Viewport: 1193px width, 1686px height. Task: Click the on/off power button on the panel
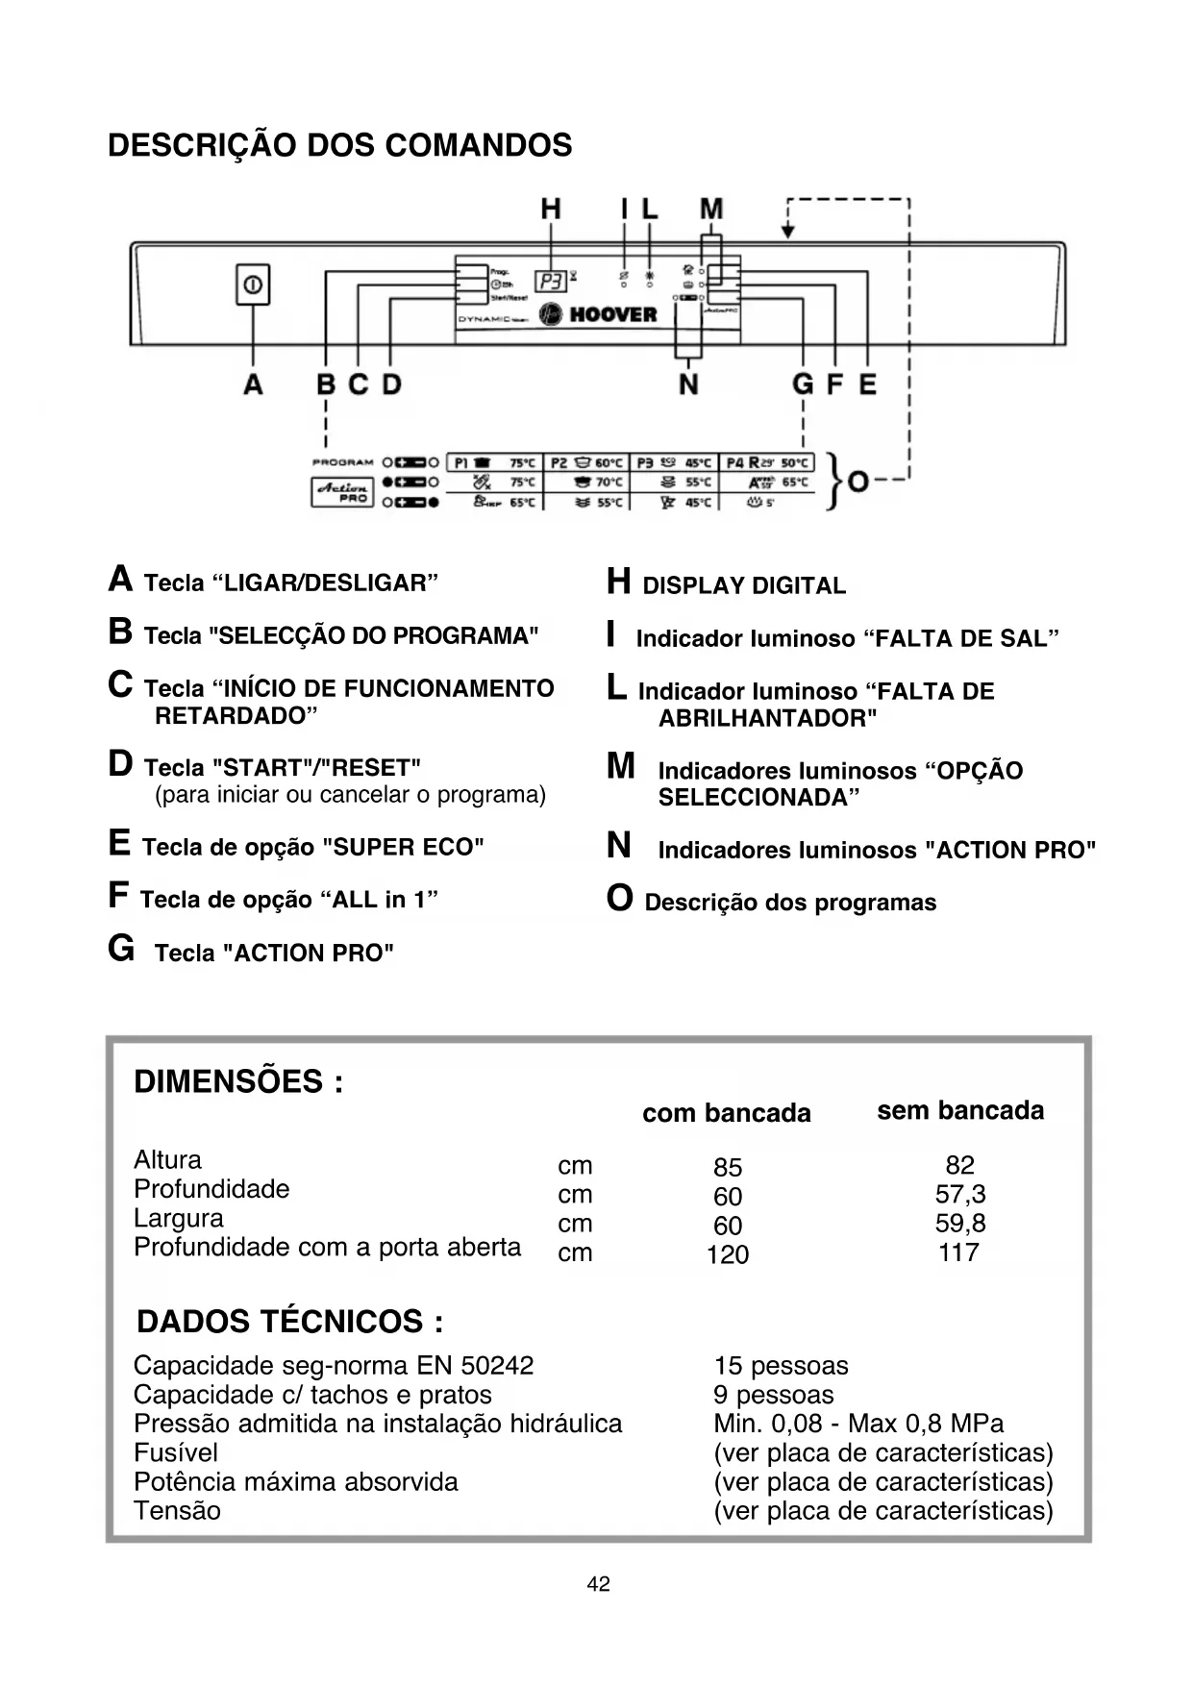click(253, 285)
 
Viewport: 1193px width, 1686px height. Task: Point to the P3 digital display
click(551, 281)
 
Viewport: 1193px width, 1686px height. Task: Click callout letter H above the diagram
click(551, 210)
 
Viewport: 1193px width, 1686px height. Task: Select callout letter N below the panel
click(688, 385)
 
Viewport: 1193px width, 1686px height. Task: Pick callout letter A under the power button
click(253, 385)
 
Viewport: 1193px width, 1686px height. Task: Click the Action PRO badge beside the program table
click(342, 492)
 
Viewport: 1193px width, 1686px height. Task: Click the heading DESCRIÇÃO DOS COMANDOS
click(339, 146)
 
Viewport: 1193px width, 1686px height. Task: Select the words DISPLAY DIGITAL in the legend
click(744, 585)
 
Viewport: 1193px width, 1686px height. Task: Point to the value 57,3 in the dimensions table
click(959, 1195)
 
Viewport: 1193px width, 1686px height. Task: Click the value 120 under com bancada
click(727, 1254)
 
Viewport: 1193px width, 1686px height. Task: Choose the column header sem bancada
click(959, 1110)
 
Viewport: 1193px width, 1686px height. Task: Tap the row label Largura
click(179, 1218)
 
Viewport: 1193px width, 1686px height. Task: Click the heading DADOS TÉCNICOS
click(289, 1322)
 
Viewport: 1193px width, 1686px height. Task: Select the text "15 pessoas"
click(781, 1366)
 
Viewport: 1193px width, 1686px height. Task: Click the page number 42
click(598, 1583)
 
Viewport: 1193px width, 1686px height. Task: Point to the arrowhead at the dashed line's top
click(788, 231)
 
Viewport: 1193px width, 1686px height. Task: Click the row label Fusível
click(176, 1452)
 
